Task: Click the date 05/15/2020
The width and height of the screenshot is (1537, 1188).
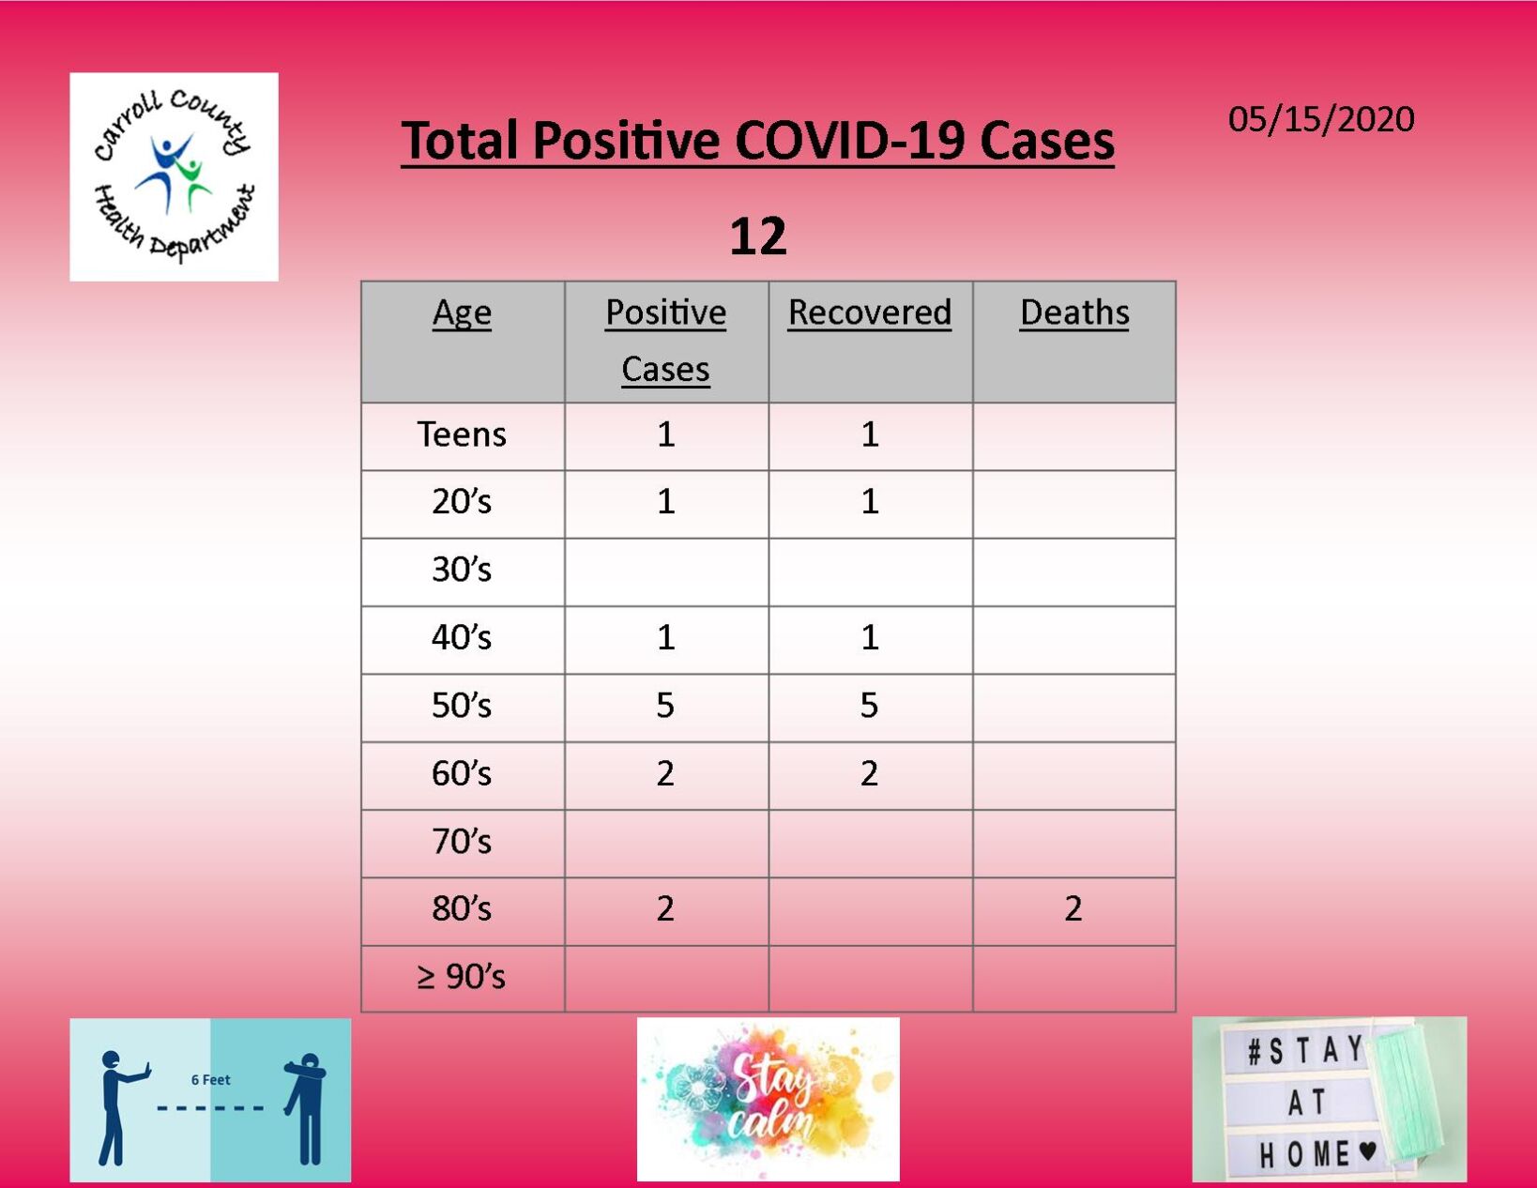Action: tap(1320, 119)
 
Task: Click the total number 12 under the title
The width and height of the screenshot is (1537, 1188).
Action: tap(757, 236)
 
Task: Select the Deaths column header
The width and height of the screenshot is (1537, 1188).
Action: tap(1074, 312)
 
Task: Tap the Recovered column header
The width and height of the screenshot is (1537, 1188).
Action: tap(870, 312)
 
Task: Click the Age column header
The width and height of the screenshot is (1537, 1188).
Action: tap(462, 312)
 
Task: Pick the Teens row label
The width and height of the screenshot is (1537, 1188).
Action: tap(462, 434)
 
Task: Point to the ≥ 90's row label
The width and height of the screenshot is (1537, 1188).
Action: tap(462, 977)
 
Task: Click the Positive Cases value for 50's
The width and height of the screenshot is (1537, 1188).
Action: tap(665, 706)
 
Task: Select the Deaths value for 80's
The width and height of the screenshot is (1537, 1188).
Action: tap(1073, 908)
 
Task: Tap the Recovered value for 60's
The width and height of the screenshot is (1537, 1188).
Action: tap(870, 773)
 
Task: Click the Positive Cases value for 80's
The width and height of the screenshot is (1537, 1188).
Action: tap(665, 908)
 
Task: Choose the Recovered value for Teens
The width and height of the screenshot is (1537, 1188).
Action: tap(870, 434)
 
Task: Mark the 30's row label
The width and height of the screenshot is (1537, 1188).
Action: tap(462, 570)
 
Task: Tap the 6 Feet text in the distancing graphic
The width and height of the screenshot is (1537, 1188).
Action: tap(210, 1080)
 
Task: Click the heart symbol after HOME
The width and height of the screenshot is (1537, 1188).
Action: tap(1367, 1150)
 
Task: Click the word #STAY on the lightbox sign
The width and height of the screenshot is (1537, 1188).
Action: tap(1304, 1050)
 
